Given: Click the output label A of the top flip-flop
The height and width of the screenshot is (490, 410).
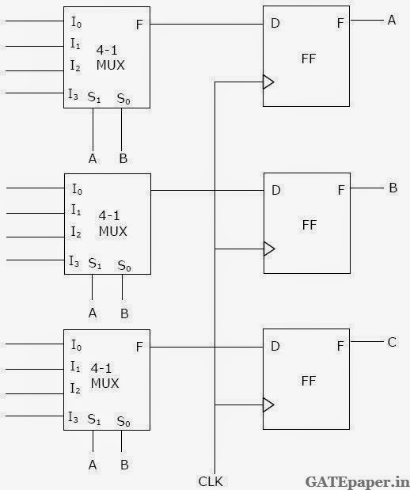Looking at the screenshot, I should click(391, 21).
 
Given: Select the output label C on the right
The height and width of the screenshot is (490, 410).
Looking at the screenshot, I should click(391, 342).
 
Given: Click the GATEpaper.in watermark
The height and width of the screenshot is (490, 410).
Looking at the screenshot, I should click(357, 480).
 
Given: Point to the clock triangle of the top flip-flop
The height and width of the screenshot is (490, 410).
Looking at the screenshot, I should click(269, 82).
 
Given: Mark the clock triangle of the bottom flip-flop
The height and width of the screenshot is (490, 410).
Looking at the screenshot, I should click(269, 405).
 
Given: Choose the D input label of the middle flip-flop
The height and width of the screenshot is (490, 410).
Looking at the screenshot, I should click(275, 190).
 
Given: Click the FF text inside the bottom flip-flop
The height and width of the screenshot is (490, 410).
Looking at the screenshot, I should click(309, 380).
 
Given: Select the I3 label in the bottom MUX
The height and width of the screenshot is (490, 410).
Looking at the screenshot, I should click(74, 416).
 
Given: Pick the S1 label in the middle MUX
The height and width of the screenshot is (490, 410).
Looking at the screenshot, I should click(95, 262).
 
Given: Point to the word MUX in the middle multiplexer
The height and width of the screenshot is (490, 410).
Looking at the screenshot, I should click(112, 231).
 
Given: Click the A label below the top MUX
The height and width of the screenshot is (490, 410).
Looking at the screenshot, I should click(93, 159).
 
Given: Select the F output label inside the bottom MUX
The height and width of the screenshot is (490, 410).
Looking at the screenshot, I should click(140, 346).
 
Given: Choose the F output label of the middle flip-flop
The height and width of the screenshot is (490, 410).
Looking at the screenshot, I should click(340, 190).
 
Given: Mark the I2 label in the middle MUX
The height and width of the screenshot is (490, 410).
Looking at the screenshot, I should click(76, 231).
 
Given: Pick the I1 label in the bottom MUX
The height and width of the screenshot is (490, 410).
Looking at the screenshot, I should click(76, 367).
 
